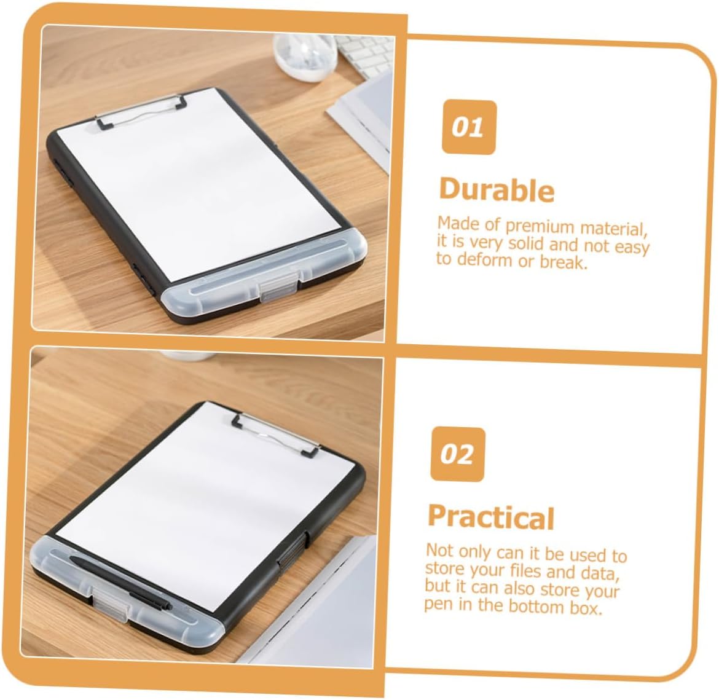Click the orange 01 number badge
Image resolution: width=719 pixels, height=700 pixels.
pos(469,127)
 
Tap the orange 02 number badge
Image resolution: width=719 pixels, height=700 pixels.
pos(457,454)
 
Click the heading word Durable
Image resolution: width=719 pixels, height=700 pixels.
pos(497,189)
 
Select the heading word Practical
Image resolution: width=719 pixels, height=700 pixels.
pos(491,517)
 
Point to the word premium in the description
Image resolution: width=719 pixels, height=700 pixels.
pos(540,227)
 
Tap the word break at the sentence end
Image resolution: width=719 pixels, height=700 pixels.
pos(564,262)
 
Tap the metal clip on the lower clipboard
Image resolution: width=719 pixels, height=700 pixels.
pos(275,434)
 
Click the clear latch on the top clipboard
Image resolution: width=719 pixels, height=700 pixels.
pos(278,286)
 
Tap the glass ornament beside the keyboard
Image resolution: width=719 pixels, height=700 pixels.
pos(305,57)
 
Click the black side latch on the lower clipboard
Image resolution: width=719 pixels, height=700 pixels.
pos(293,550)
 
